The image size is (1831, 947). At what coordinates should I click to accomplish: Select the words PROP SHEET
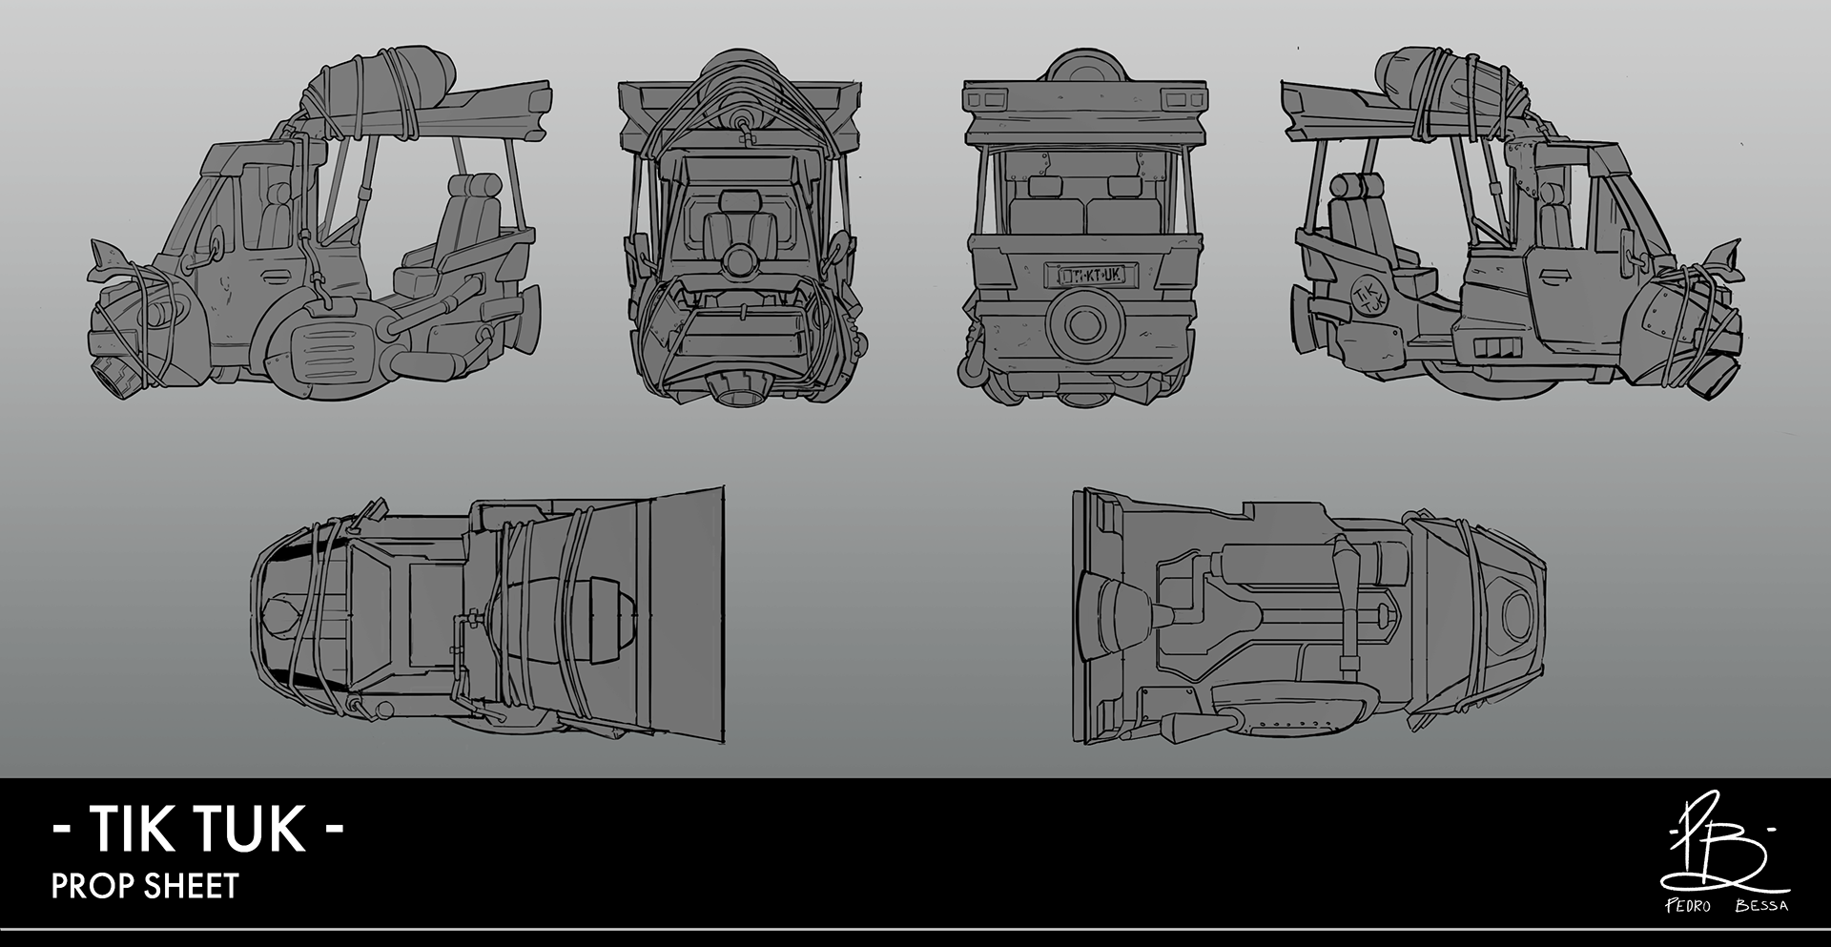click(x=144, y=886)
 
